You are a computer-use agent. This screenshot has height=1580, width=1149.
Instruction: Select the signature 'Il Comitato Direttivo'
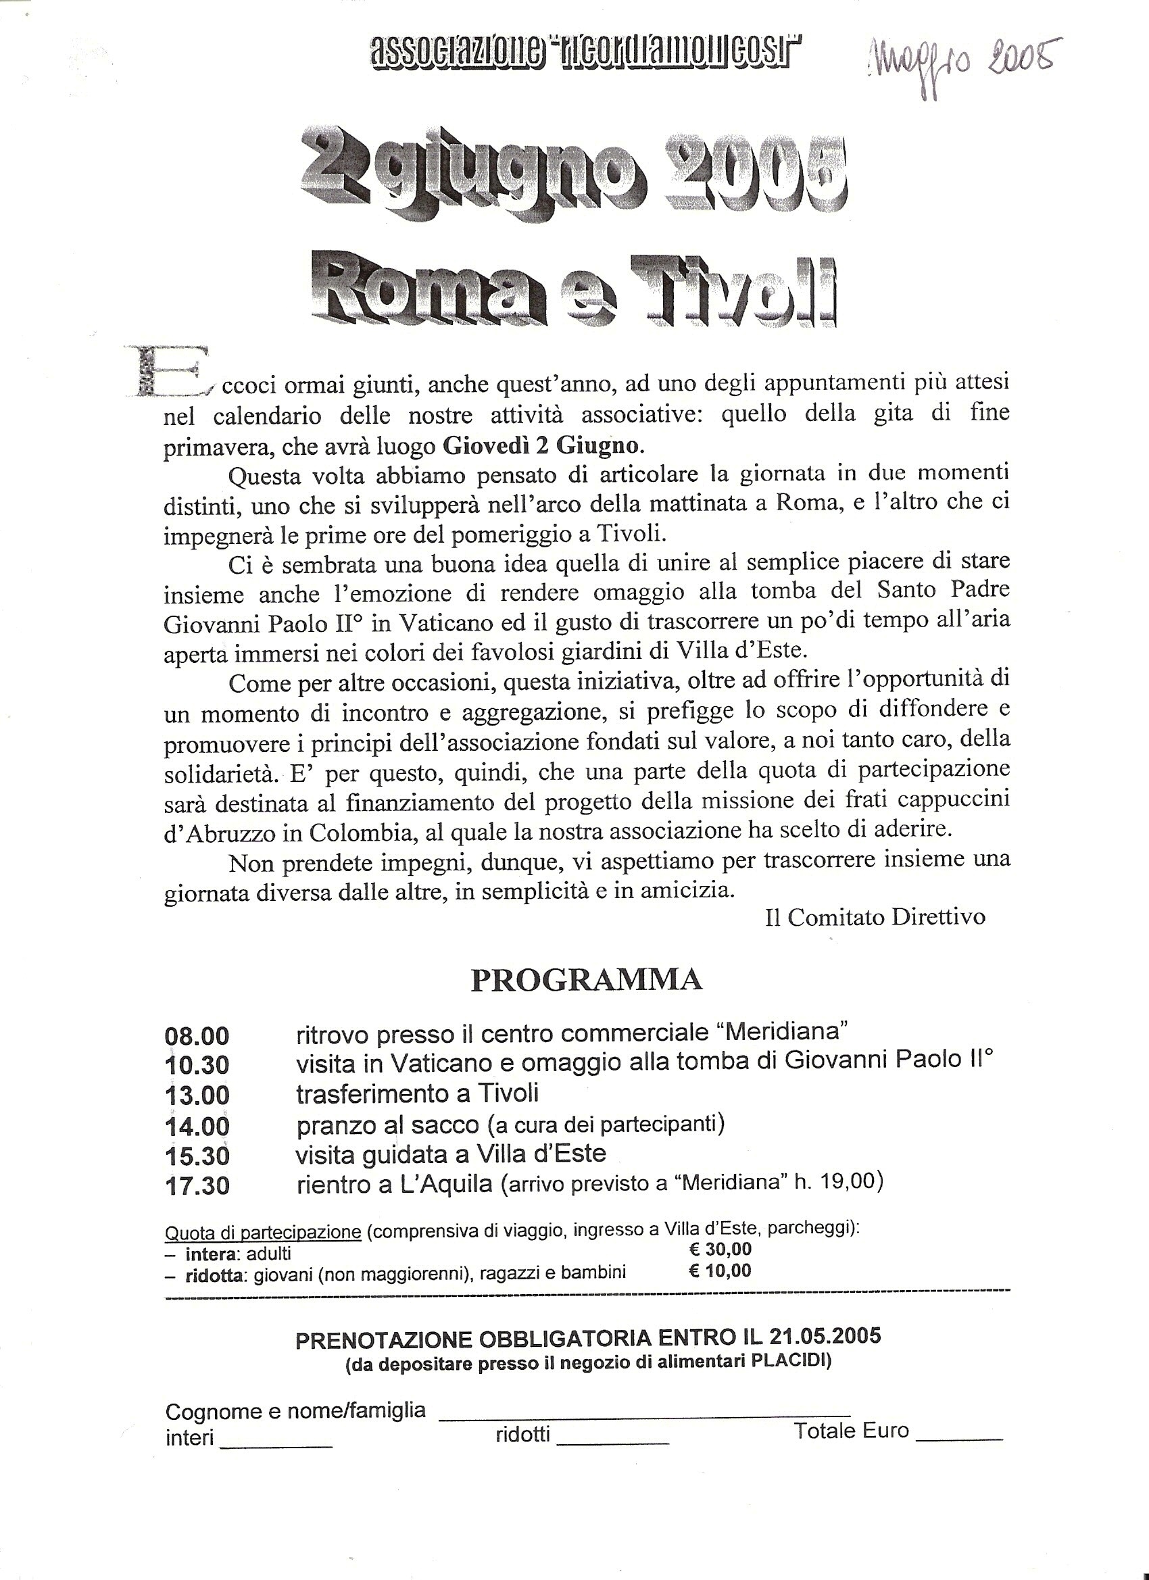click(x=875, y=917)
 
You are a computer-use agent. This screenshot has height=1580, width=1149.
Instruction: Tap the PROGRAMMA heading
click(x=586, y=979)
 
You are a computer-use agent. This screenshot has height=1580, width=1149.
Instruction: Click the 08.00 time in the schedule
click(x=197, y=1036)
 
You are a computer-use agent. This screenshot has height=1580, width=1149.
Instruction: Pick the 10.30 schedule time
click(x=197, y=1065)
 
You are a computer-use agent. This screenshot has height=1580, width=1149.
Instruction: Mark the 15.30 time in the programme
click(x=197, y=1156)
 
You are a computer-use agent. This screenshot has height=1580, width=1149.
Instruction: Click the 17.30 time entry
click(x=197, y=1186)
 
